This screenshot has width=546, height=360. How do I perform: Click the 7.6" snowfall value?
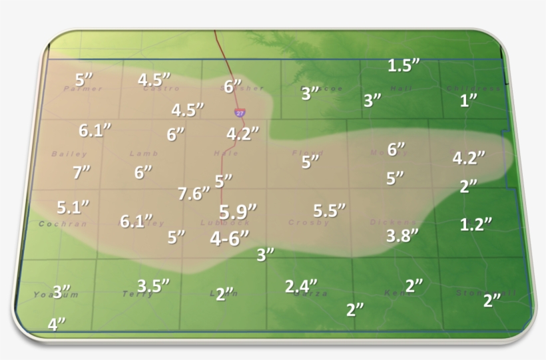pyautogui.click(x=194, y=194)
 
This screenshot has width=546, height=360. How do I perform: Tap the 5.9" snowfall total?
pyautogui.click(x=238, y=212)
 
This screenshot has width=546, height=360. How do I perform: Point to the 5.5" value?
pyautogui.click(x=330, y=210)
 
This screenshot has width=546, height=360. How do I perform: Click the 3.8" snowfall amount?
pyautogui.click(x=402, y=235)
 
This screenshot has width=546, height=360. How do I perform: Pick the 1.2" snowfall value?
pyautogui.click(x=476, y=224)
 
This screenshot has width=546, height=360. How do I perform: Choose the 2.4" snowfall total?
pyautogui.click(x=301, y=286)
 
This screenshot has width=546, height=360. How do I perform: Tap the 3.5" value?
pyautogui.click(x=153, y=285)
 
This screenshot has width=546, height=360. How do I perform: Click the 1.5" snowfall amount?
pyautogui.click(x=404, y=65)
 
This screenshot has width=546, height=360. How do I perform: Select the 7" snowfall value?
pyautogui.click(x=81, y=172)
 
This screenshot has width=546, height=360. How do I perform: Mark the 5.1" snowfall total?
pyautogui.click(x=73, y=207)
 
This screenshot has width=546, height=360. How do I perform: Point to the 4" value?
pyautogui.click(x=57, y=324)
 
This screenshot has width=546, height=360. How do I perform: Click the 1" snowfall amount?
pyautogui.click(x=469, y=100)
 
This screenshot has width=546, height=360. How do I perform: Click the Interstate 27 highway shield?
pyautogui.click(x=239, y=113)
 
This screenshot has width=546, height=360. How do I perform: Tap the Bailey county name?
pyautogui.click(x=60, y=154)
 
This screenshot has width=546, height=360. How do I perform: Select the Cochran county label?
pyautogui.click(x=63, y=224)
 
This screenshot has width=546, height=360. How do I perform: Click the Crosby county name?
pyautogui.click(x=309, y=223)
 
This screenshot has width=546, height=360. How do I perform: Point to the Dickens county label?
pyautogui.click(x=393, y=222)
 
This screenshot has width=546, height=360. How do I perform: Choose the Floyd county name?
pyautogui.click(x=308, y=153)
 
